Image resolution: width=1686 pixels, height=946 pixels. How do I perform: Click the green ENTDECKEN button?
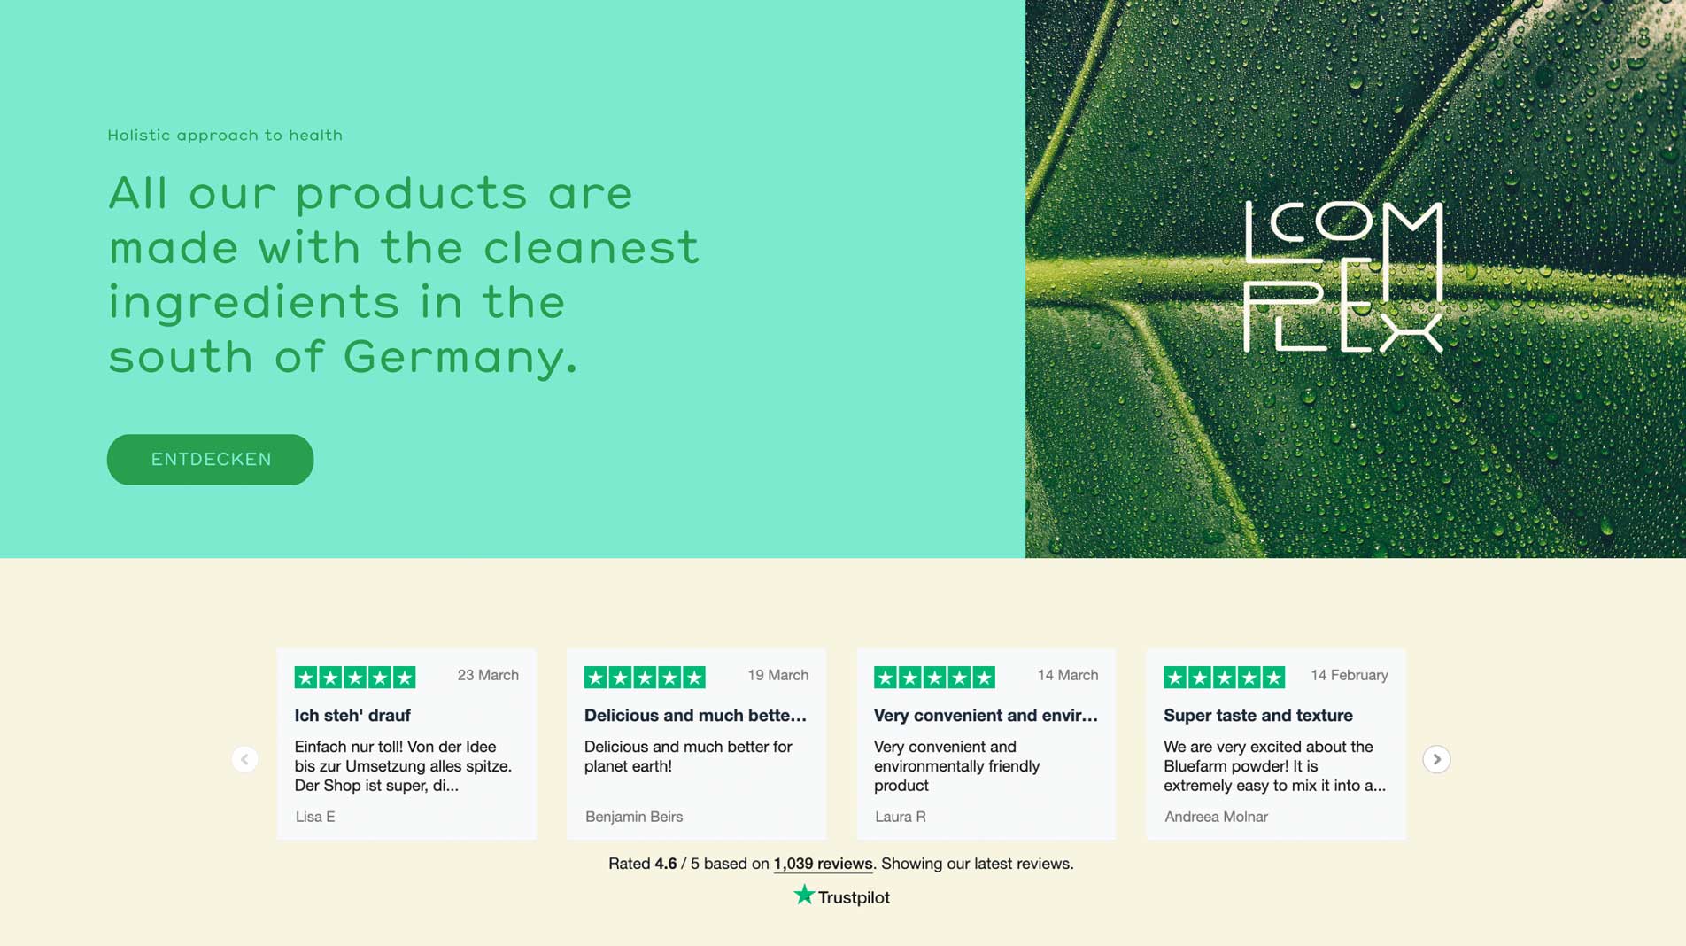[210, 459]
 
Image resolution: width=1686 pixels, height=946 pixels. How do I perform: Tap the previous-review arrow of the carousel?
[244, 759]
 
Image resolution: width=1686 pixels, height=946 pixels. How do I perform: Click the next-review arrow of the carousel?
[1436, 759]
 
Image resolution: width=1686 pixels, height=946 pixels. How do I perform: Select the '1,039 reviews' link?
[823, 864]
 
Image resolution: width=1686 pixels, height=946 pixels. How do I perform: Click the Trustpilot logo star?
[803, 895]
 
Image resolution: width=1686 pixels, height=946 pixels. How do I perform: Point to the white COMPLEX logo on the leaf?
[1343, 277]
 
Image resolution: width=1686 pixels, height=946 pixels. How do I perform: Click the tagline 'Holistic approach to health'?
[225, 136]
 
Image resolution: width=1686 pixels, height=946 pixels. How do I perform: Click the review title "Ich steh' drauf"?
[352, 716]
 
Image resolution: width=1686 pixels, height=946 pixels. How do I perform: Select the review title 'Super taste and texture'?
[1258, 716]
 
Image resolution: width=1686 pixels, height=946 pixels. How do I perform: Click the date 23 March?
[488, 675]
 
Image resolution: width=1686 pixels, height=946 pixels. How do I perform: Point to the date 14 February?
[1349, 675]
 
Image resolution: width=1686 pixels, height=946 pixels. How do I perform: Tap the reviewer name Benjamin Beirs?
[634, 817]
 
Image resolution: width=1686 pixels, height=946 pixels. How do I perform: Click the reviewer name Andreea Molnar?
[1216, 817]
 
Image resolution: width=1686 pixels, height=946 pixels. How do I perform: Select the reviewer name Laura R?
[901, 817]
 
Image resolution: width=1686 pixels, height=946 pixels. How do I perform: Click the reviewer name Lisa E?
[315, 817]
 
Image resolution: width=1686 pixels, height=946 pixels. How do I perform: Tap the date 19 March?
[777, 675]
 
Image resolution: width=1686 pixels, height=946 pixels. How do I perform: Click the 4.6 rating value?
[666, 864]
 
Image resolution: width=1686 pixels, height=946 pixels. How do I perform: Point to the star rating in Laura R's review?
[934, 678]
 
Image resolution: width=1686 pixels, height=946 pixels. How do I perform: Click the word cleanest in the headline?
[592, 247]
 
